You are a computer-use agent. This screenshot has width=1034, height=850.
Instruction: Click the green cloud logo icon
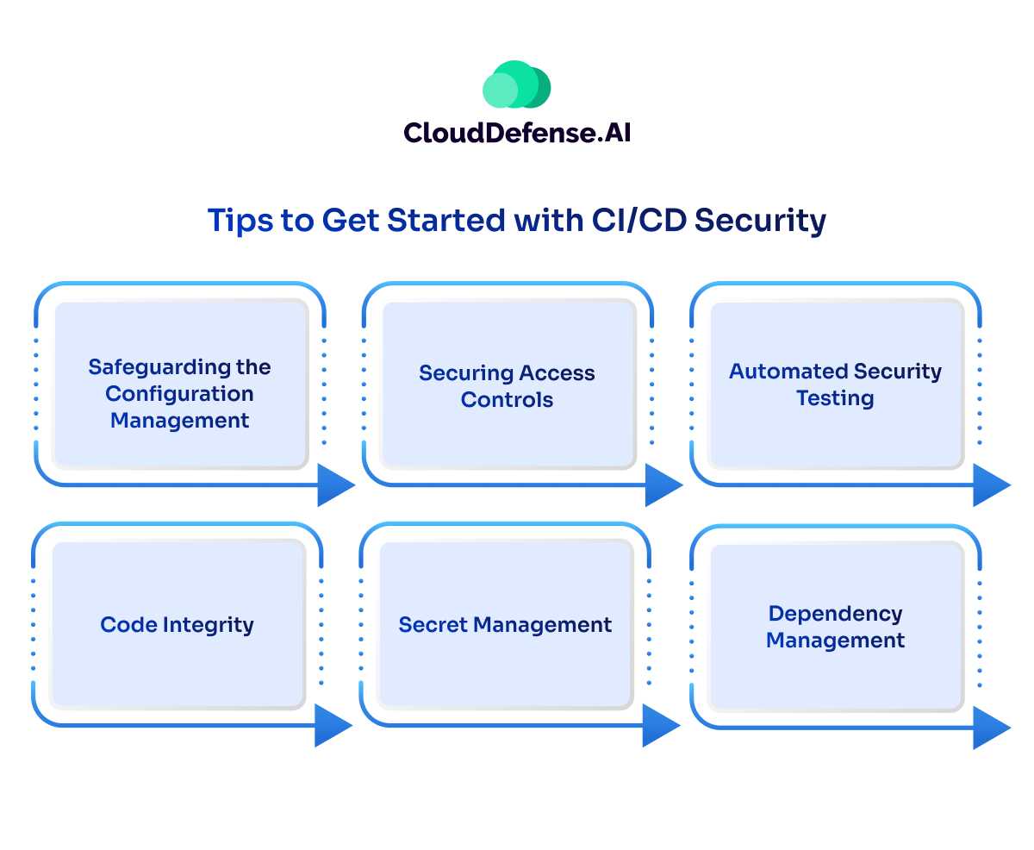click(x=516, y=84)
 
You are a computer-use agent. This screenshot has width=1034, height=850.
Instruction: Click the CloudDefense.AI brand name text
click(x=516, y=132)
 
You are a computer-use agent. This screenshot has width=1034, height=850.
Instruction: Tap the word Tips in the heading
click(x=237, y=221)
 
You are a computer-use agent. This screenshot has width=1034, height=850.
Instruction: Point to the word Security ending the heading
click(x=761, y=221)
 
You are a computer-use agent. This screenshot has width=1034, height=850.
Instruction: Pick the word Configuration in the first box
click(x=179, y=394)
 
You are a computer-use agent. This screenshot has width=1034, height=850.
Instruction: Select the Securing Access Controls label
click(x=507, y=386)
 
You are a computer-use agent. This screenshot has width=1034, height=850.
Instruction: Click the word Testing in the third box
click(x=835, y=398)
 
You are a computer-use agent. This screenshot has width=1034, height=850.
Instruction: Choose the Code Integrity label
click(x=177, y=624)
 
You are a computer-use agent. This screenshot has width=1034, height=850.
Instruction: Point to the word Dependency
click(x=835, y=614)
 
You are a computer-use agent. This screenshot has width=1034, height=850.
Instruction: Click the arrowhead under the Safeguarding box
click(x=334, y=484)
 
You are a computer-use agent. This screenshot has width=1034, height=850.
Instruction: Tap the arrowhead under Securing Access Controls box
click(x=663, y=484)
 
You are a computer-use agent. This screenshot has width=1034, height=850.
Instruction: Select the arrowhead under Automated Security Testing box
click(x=990, y=484)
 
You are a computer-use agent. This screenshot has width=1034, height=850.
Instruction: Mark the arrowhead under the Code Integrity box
click(x=332, y=725)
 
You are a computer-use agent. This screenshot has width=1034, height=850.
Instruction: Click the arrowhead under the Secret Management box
click(x=660, y=725)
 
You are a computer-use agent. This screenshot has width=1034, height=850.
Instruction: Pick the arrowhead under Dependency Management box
click(x=990, y=728)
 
